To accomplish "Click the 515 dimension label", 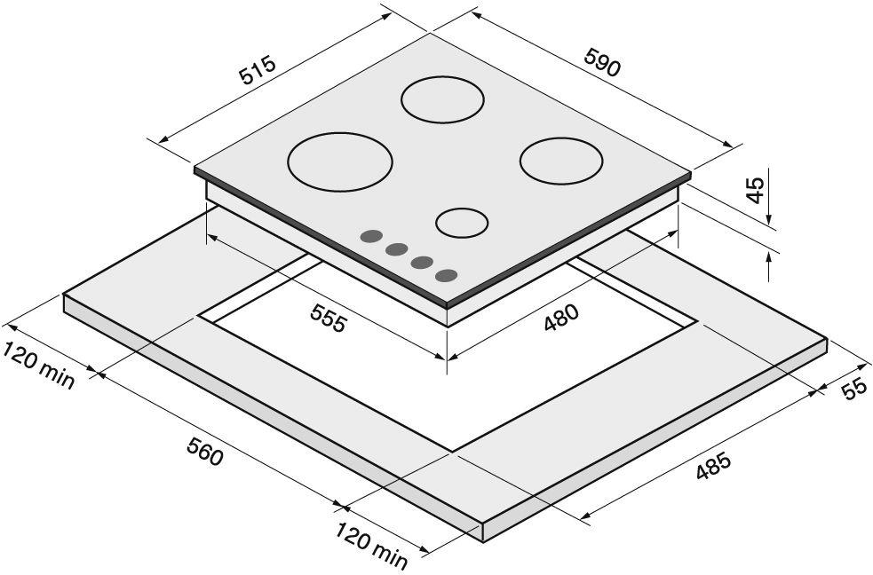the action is pyautogui.click(x=258, y=69).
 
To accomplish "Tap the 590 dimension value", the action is pyautogui.click(x=602, y=62).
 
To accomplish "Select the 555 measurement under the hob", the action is pyautogui.click(x=329, y=318).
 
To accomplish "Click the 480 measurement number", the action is pyautogui.click(x=561, y=318).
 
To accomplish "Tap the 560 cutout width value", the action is pyautogui.click(x=205, y=451).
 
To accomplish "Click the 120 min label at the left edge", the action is pyautogui.click(x=38, y=366).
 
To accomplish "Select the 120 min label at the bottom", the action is pyautogui.click(x=371, y=545).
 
